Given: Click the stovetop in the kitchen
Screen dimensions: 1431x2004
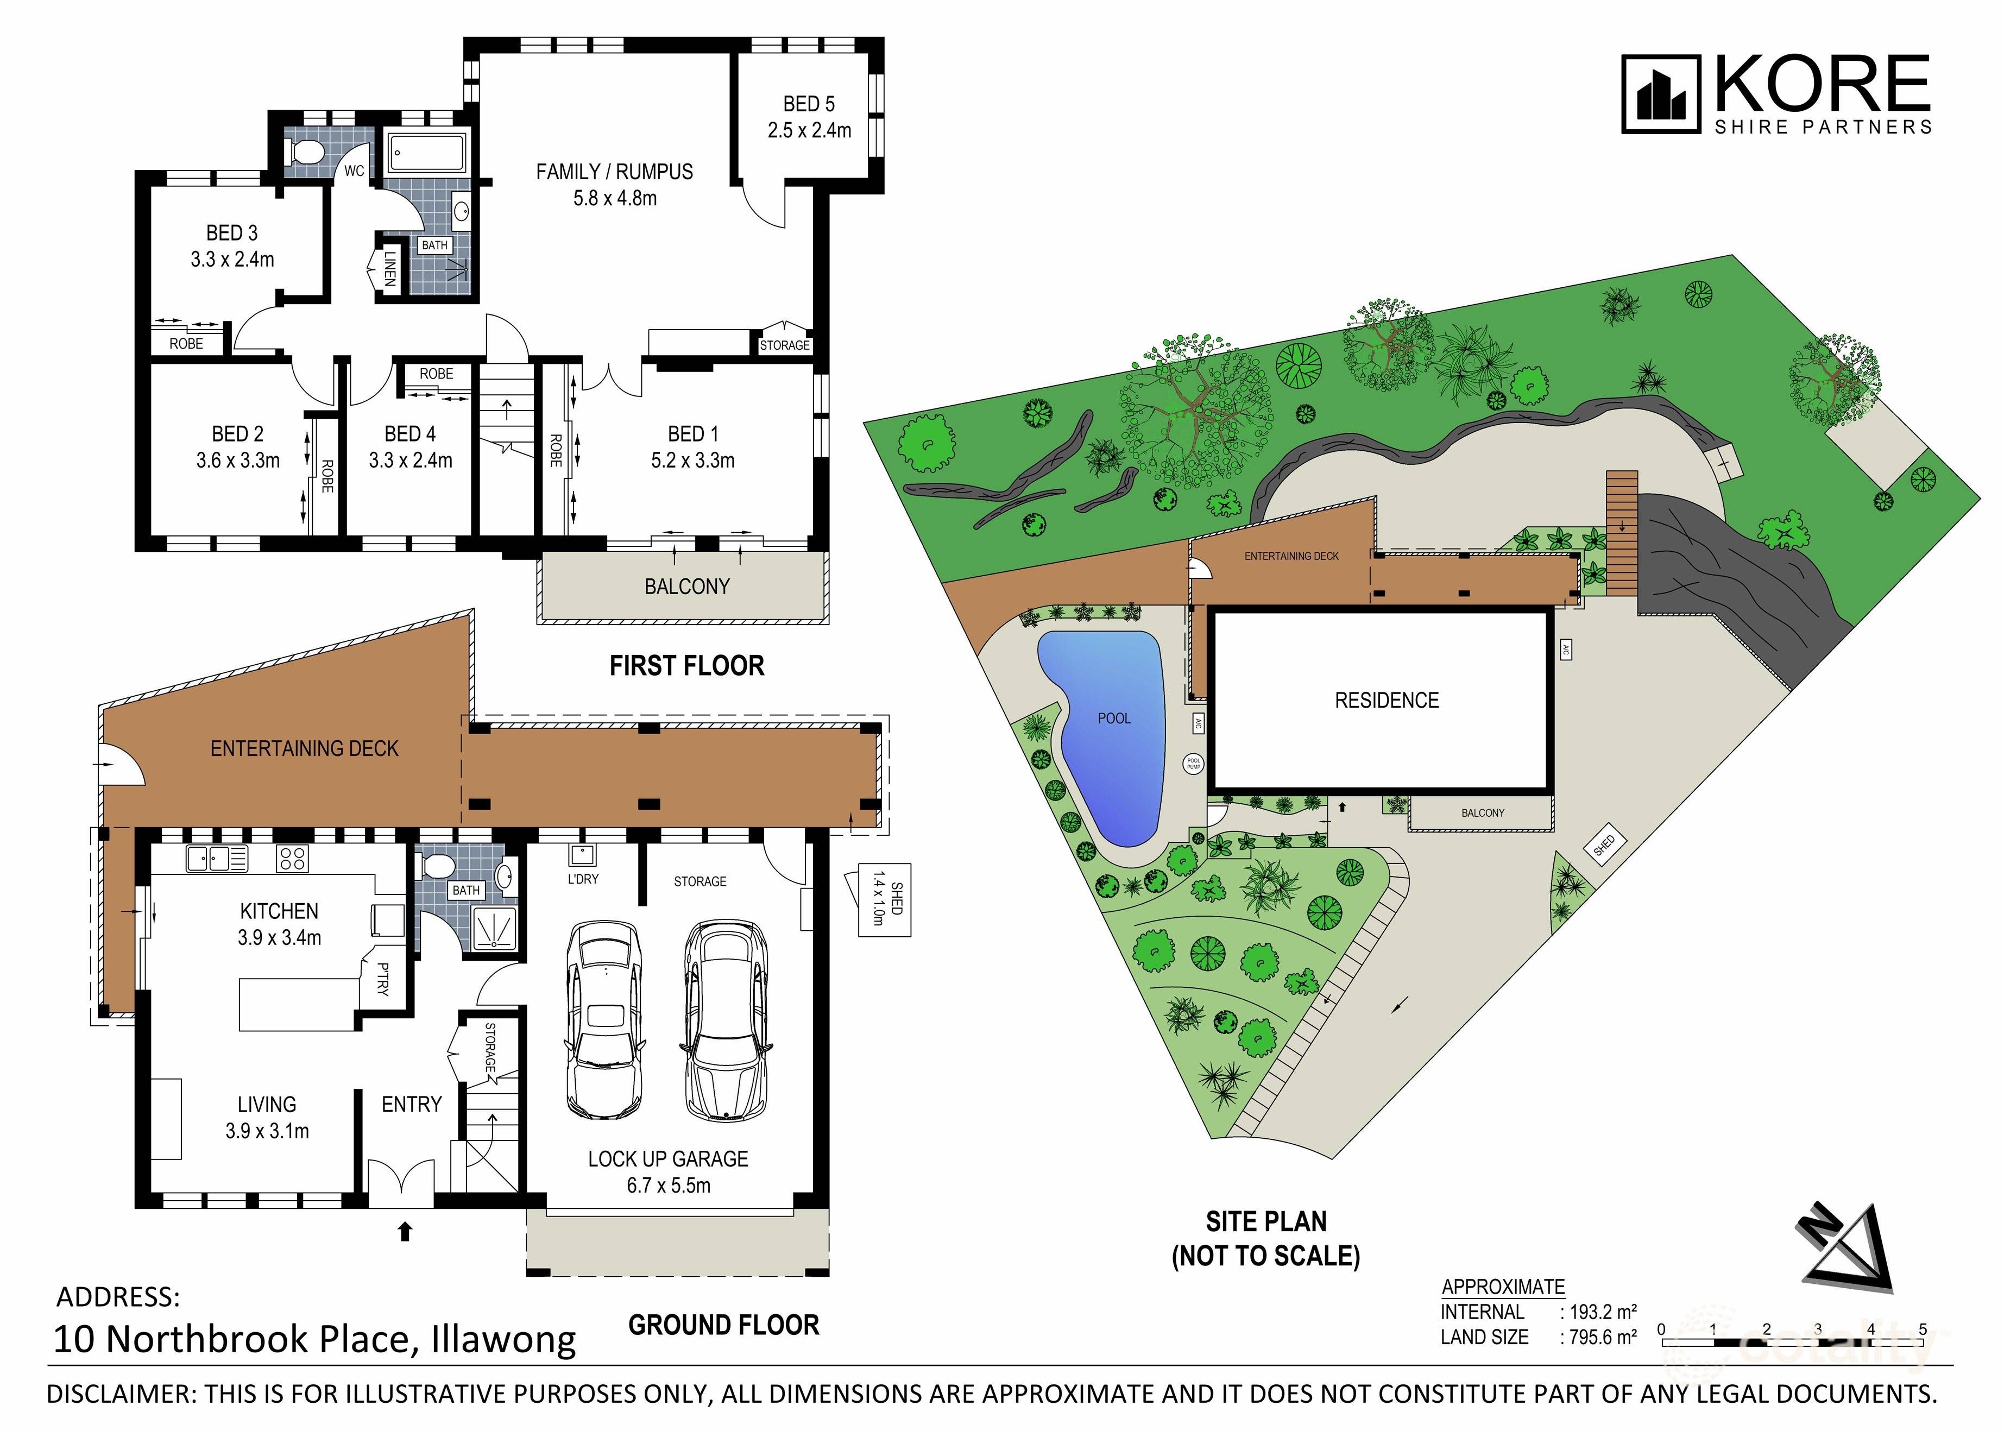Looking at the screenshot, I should coord(293,858).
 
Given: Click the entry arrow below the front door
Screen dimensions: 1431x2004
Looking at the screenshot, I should coord(405,1231).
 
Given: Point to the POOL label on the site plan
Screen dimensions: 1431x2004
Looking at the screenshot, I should coord(1114,718).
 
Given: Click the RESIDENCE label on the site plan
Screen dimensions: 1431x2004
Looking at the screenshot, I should coord(1386,701).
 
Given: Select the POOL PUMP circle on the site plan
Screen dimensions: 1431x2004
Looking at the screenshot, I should coord(1193,764).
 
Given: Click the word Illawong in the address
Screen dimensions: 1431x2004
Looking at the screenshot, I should coord(503,1339).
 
